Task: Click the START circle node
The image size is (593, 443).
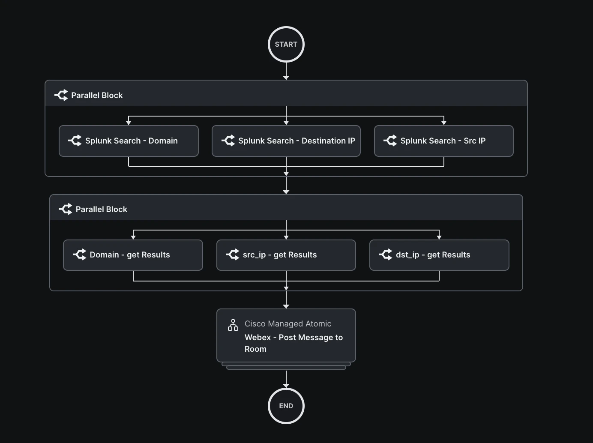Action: [x=286, y=45]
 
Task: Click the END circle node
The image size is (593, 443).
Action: [x=286, y=406]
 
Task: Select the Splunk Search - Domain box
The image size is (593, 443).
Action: [x=129, y=141]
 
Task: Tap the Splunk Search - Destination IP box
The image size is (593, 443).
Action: [x=286, y=141]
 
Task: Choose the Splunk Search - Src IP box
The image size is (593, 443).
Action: [x=443, y=141]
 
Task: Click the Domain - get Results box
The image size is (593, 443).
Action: [x=133, y=255]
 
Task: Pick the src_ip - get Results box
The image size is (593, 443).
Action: [x=286, y=255]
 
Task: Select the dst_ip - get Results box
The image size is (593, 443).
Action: [x=439, y=255]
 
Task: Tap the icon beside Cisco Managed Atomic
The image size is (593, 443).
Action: [x=233, y=325]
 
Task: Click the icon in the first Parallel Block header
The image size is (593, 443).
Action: [x=61, y=95]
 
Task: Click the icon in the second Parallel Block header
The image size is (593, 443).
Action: [x=66, y=209]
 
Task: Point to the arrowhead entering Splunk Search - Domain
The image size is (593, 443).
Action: [x=129, y=123]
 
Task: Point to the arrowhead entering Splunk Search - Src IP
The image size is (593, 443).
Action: [x=444, y=123]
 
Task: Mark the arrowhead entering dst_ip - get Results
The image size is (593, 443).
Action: [x=439, y=237]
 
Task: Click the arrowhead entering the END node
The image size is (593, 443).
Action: [x=286, y=386]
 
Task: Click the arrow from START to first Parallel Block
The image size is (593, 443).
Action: [x=286, y=70]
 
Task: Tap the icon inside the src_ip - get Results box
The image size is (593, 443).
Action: [x=233, y=254]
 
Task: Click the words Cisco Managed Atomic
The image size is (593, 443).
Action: [x=288, y=324]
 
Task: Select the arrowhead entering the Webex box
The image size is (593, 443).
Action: [x=286, y=306]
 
